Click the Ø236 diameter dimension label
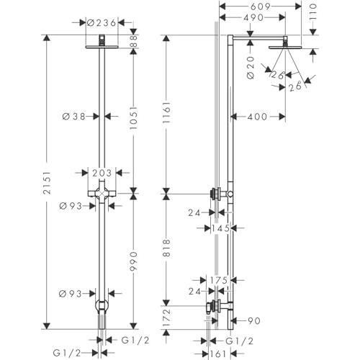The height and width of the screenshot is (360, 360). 102,23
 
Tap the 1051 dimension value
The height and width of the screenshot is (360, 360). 133,118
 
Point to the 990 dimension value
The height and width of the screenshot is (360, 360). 133,261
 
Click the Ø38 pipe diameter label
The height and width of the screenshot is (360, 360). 74,117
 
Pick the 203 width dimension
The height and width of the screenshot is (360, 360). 102,173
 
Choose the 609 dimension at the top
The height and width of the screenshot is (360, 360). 261,6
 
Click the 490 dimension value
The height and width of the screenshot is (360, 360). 253,17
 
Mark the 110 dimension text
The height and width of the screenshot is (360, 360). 313,12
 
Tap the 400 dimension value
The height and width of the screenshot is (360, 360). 257,117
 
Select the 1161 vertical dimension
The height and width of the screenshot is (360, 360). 166,112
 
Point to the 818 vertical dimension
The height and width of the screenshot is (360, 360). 166,248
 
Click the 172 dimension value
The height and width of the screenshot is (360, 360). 166,318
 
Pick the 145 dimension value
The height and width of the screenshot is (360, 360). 220,228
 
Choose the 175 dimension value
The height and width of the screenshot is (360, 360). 219,280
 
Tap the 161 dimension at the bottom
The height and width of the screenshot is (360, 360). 218,354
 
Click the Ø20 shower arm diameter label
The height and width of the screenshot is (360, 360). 251,68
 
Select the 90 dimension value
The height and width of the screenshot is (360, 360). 254,320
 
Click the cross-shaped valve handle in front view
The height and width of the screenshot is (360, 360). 102,193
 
